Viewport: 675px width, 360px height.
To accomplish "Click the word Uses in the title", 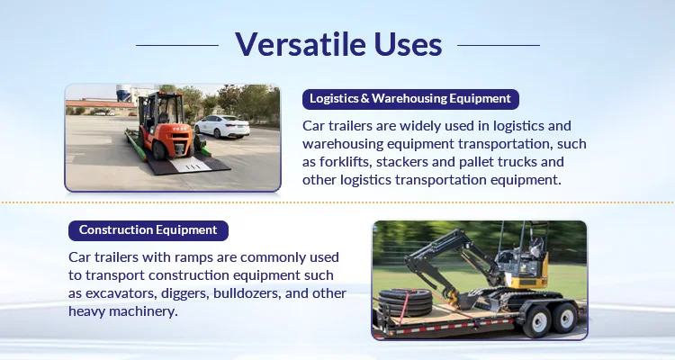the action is [408, 44].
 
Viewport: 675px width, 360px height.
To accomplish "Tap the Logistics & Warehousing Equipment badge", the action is [410, 99].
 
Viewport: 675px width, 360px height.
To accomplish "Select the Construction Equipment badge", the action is [148, 230].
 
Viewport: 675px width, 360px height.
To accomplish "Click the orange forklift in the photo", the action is [166, 127].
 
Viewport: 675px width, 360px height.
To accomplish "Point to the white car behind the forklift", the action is [222, 126].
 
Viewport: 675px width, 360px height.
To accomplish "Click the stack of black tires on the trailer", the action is [405, 301].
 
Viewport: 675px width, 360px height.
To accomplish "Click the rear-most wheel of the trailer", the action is [565, 318].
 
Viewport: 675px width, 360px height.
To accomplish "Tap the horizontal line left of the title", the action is [177, 45].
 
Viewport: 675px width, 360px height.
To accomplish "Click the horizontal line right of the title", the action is [499, 45].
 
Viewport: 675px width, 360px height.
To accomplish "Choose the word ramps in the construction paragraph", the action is [193, 258].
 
